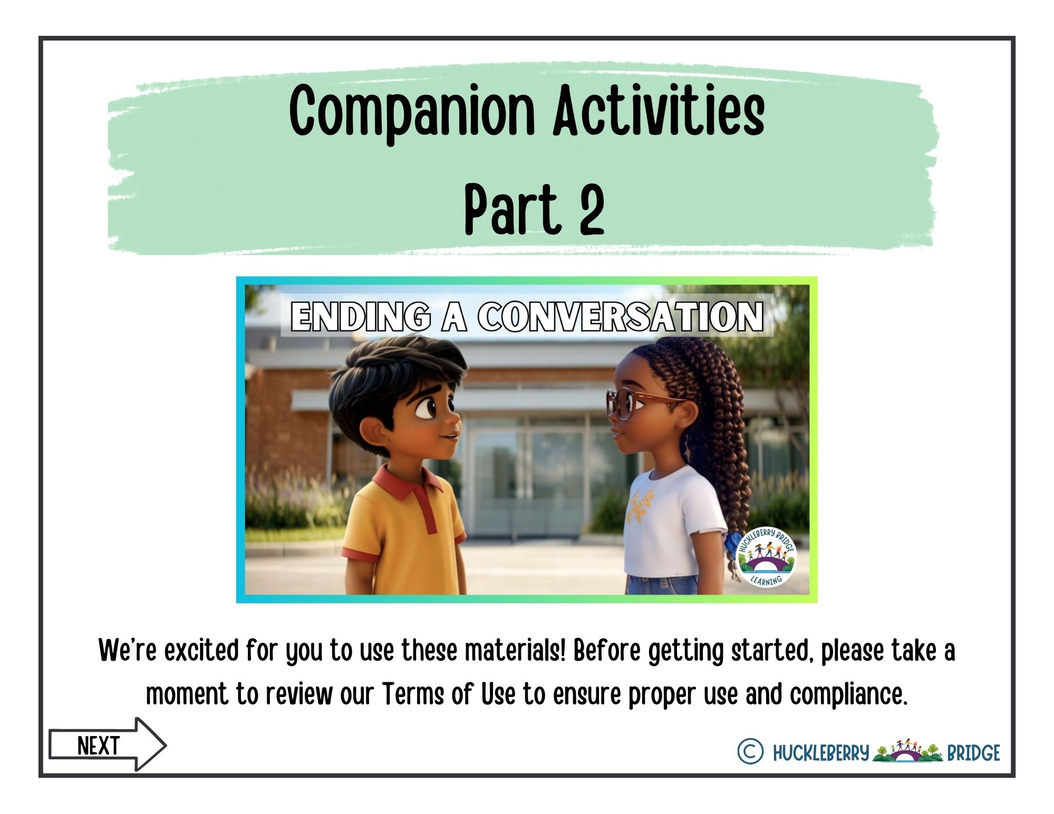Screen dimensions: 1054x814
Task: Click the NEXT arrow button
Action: click(x=108, y=745)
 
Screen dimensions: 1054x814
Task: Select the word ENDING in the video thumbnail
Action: click(x=360, y=317)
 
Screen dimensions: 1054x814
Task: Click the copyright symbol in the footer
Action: click(x=750, y=752)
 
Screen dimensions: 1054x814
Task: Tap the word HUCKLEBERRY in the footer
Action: click(x=820, y=753)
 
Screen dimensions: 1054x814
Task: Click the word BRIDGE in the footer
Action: click(x=973, y=753)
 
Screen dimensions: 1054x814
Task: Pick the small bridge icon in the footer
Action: click(x=907, y=751)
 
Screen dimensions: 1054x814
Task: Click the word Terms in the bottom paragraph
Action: click(x=412, y=694)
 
